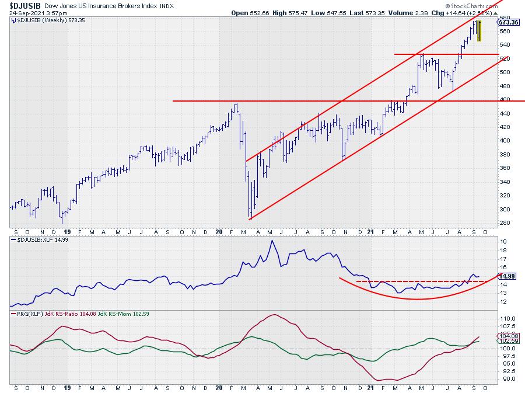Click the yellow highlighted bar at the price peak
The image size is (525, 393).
[479, 31]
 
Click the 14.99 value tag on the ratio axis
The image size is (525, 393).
[506, 276]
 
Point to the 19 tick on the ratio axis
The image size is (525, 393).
[501, 241]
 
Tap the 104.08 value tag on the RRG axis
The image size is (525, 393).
[506, 336]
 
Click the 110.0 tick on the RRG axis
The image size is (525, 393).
[505, 318]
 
